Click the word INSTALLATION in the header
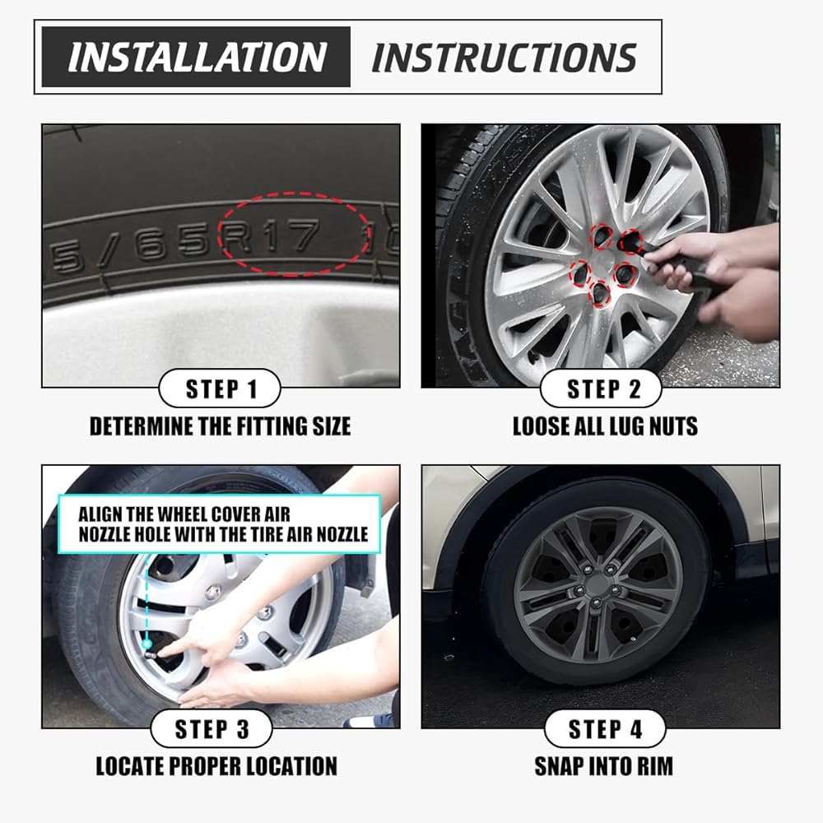[198, 57]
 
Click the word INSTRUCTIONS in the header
[504, 57]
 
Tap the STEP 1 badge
[220, 388]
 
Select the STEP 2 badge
[601, 388]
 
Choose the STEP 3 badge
[212, 728]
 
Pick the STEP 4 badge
[605, 728]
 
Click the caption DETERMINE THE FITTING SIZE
[220, 426]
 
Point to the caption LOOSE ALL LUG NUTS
[605, 426]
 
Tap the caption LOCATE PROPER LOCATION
[216, 766]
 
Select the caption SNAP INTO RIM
[603, 766]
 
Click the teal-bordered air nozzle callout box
[220, 523]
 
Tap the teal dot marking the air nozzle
[147, 644]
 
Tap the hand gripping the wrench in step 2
[677, 257]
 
